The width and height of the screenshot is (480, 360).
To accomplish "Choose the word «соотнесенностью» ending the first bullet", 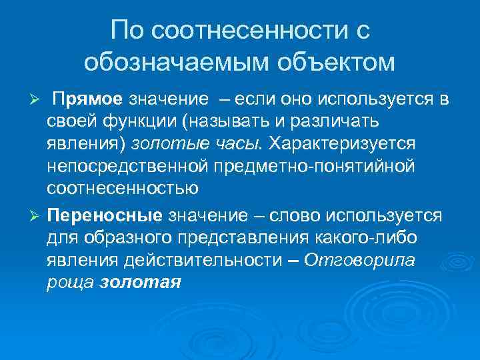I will click(122, 187).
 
